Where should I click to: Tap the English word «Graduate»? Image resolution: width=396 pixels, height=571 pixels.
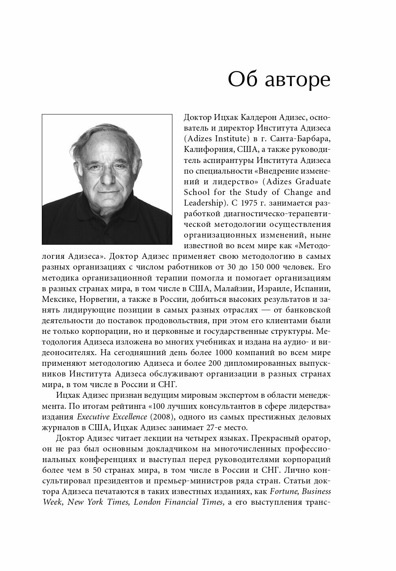pyautogui.click(x=311, y=182)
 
